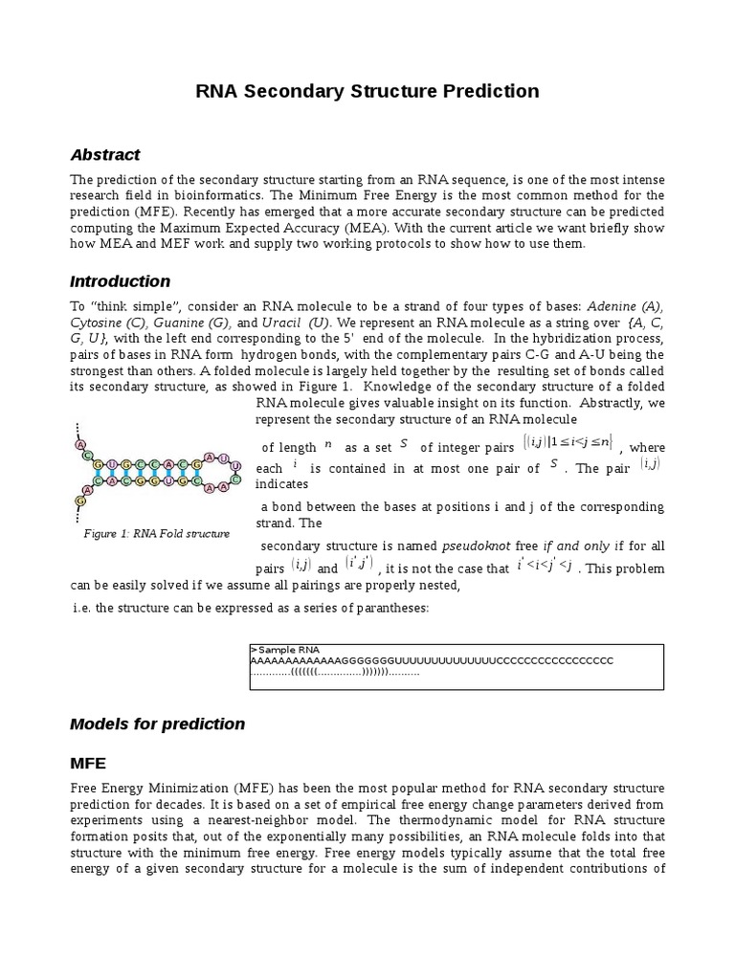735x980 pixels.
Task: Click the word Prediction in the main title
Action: [487, 92]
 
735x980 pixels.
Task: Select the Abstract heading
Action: [105, 155]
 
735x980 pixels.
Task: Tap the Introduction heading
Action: [121, 281]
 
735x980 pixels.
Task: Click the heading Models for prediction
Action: [158, 724]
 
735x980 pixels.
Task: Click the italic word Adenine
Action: [613, 305]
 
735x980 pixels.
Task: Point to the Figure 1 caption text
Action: [156, 533]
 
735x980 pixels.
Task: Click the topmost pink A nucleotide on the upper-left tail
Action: [80, 445]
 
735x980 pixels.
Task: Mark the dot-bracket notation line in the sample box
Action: [335, 673]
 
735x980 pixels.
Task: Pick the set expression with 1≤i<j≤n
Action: [568, 443]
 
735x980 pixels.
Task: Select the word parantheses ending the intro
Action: [387, 609]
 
